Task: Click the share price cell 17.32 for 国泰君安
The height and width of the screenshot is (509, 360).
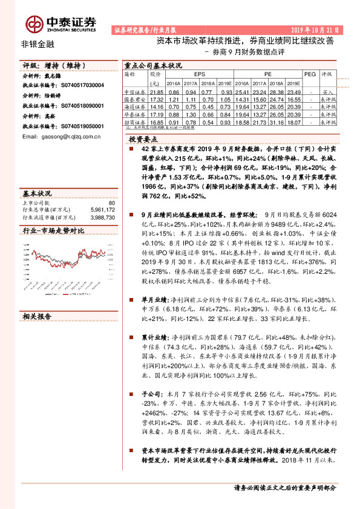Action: pos(157,97)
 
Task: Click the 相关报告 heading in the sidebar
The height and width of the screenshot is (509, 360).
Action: pos(37,316)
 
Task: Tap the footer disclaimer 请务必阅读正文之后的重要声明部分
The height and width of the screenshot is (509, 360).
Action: pos(284,487)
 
